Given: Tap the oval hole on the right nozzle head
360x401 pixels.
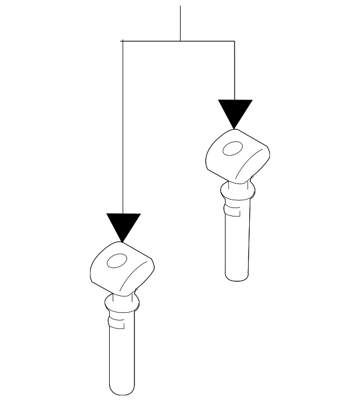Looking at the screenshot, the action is pos(232,149).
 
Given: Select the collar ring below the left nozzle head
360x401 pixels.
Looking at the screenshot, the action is pos(121,304).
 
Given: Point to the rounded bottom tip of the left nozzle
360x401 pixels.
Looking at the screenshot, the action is pos(122,391).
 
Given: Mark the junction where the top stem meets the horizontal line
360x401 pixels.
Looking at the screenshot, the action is pos(180,41).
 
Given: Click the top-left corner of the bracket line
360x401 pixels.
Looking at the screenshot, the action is pos(123,41).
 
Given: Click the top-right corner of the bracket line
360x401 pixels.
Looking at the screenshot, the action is pos(235,41).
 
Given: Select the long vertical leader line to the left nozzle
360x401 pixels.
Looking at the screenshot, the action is pos(123,129).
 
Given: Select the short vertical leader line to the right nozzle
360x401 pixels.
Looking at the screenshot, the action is pos(235,70).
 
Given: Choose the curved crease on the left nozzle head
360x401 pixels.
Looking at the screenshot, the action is pos(137,276).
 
